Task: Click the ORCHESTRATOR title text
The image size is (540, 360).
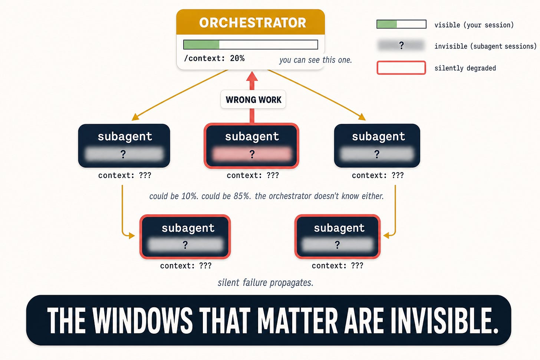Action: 253,23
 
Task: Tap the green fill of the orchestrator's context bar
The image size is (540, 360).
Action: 201,44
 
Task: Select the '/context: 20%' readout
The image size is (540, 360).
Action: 214,58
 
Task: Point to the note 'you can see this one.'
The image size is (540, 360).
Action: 316,60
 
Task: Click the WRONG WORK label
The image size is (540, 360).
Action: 253,99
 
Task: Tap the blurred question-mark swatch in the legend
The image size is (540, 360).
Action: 401,45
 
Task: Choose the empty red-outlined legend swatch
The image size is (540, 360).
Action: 401,68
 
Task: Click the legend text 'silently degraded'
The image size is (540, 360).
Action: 465,68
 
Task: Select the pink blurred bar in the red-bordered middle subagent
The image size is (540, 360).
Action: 252,154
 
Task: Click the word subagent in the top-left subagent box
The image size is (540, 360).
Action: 125,137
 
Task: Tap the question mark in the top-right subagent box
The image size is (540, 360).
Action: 377,154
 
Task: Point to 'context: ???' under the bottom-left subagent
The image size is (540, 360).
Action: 185,265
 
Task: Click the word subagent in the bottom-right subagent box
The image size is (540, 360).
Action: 339,228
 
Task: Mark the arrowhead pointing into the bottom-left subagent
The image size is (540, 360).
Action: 132,235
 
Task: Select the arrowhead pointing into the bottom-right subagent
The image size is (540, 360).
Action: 386,235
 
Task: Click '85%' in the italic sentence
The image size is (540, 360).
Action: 242,196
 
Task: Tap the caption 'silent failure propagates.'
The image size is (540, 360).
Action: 266,283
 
